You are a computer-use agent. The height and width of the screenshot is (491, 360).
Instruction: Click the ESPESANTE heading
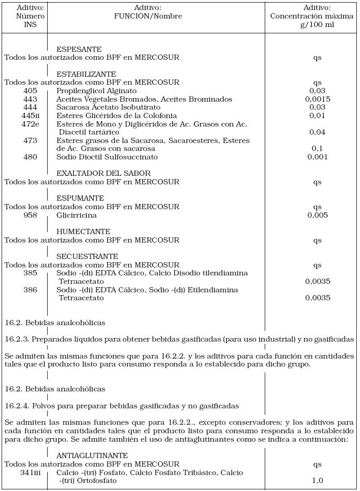pos(79,49)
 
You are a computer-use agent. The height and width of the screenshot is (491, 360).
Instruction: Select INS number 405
pos(31,91)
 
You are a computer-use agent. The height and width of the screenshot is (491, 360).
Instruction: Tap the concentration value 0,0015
pos(318,99)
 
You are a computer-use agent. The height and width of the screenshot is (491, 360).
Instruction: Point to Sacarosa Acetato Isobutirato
pos(105,107)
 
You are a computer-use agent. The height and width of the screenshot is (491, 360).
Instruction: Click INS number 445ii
pos(31,115)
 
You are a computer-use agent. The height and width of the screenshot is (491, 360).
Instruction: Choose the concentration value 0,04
pos(318,132)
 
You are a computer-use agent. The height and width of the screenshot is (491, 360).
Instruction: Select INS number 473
pos(31,140)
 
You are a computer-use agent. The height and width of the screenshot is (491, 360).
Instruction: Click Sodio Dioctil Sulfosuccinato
pos(107,157)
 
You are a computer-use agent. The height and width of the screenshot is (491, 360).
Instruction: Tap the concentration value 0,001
pos(318,157)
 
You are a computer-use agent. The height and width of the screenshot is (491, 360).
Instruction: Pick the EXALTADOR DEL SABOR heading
pos(103,173)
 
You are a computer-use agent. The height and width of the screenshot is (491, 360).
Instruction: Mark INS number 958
pos(31,215)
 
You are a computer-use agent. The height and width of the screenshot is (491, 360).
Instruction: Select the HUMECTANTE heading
pos(83,231)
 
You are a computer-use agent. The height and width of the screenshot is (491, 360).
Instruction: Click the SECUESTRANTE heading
pos(87,256)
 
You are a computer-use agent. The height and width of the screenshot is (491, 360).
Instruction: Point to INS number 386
pos(31,290)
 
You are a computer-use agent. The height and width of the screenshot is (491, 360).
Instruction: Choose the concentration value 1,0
pos(318,481)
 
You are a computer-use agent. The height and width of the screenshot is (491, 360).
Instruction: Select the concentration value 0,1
pos(318,149)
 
